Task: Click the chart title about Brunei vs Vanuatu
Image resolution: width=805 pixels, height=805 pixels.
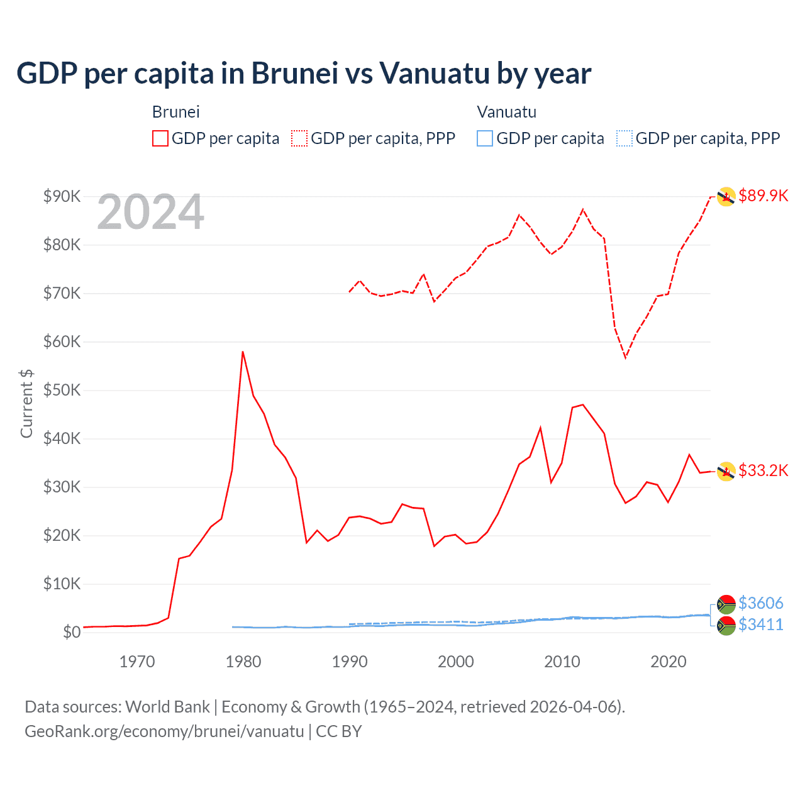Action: tap(304, 73)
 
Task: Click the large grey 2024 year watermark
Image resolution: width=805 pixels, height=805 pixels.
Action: tap(150, 212)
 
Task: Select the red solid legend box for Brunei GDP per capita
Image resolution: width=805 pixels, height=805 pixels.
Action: tap(160, 138)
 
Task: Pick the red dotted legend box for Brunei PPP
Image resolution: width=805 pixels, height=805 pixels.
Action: tap(299, 138)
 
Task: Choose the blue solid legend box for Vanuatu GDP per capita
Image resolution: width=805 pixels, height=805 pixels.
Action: tap(485, 138)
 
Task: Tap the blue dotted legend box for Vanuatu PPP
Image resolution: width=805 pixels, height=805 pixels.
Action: tap(625, 138)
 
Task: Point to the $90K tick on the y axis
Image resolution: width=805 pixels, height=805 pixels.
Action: tap(62, 196)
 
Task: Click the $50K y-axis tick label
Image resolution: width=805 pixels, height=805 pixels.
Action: tap(62, 390)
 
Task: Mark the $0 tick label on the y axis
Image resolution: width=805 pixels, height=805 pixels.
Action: tap(72, 632)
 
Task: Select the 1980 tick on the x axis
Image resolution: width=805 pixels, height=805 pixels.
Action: tap(243, 662)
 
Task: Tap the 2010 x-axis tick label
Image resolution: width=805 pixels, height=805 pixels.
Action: tap(562, 662)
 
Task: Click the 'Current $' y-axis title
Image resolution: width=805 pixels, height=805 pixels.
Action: tap(26, 403)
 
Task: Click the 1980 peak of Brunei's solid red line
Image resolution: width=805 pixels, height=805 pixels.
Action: tap(243, 352)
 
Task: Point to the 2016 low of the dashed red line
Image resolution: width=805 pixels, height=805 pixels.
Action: tap(626, 357)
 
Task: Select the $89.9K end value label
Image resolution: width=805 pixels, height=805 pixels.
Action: tap(763, 196)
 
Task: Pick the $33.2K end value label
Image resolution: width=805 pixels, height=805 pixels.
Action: tap(763, 470)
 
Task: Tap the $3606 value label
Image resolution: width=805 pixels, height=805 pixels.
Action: tap(760, 603)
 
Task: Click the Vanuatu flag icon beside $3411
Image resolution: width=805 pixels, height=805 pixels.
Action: tap(726, 625)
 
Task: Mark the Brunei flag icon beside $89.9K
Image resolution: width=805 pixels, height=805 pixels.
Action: tap(726, 197)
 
